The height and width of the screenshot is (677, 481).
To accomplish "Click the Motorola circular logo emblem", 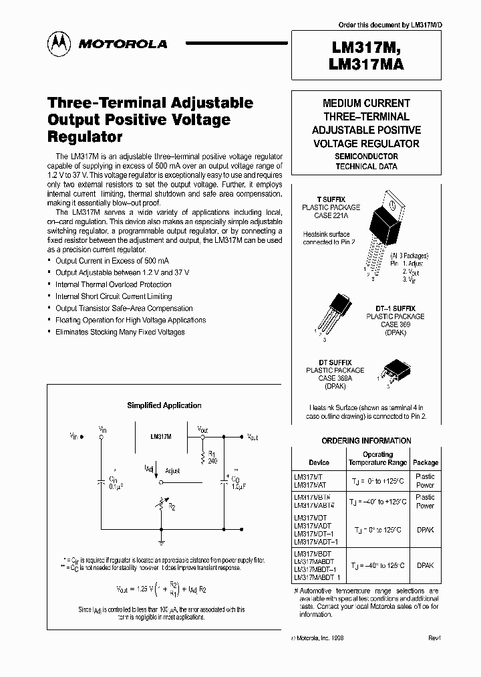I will [x=59, y=44].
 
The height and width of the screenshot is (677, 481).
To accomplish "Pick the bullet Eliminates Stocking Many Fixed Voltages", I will [x=120, y=332].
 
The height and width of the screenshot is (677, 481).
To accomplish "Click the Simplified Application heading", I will [x=164, y=405].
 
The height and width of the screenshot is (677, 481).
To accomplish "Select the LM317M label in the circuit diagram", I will [x=160, y=436].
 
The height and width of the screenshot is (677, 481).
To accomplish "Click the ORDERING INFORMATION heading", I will [x=366, y=441].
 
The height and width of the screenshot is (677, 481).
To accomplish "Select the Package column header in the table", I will [x=425, y=462].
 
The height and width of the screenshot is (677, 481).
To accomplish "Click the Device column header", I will [x=319, y=462].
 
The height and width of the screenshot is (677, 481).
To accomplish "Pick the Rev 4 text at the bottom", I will [x=435, y=639].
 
